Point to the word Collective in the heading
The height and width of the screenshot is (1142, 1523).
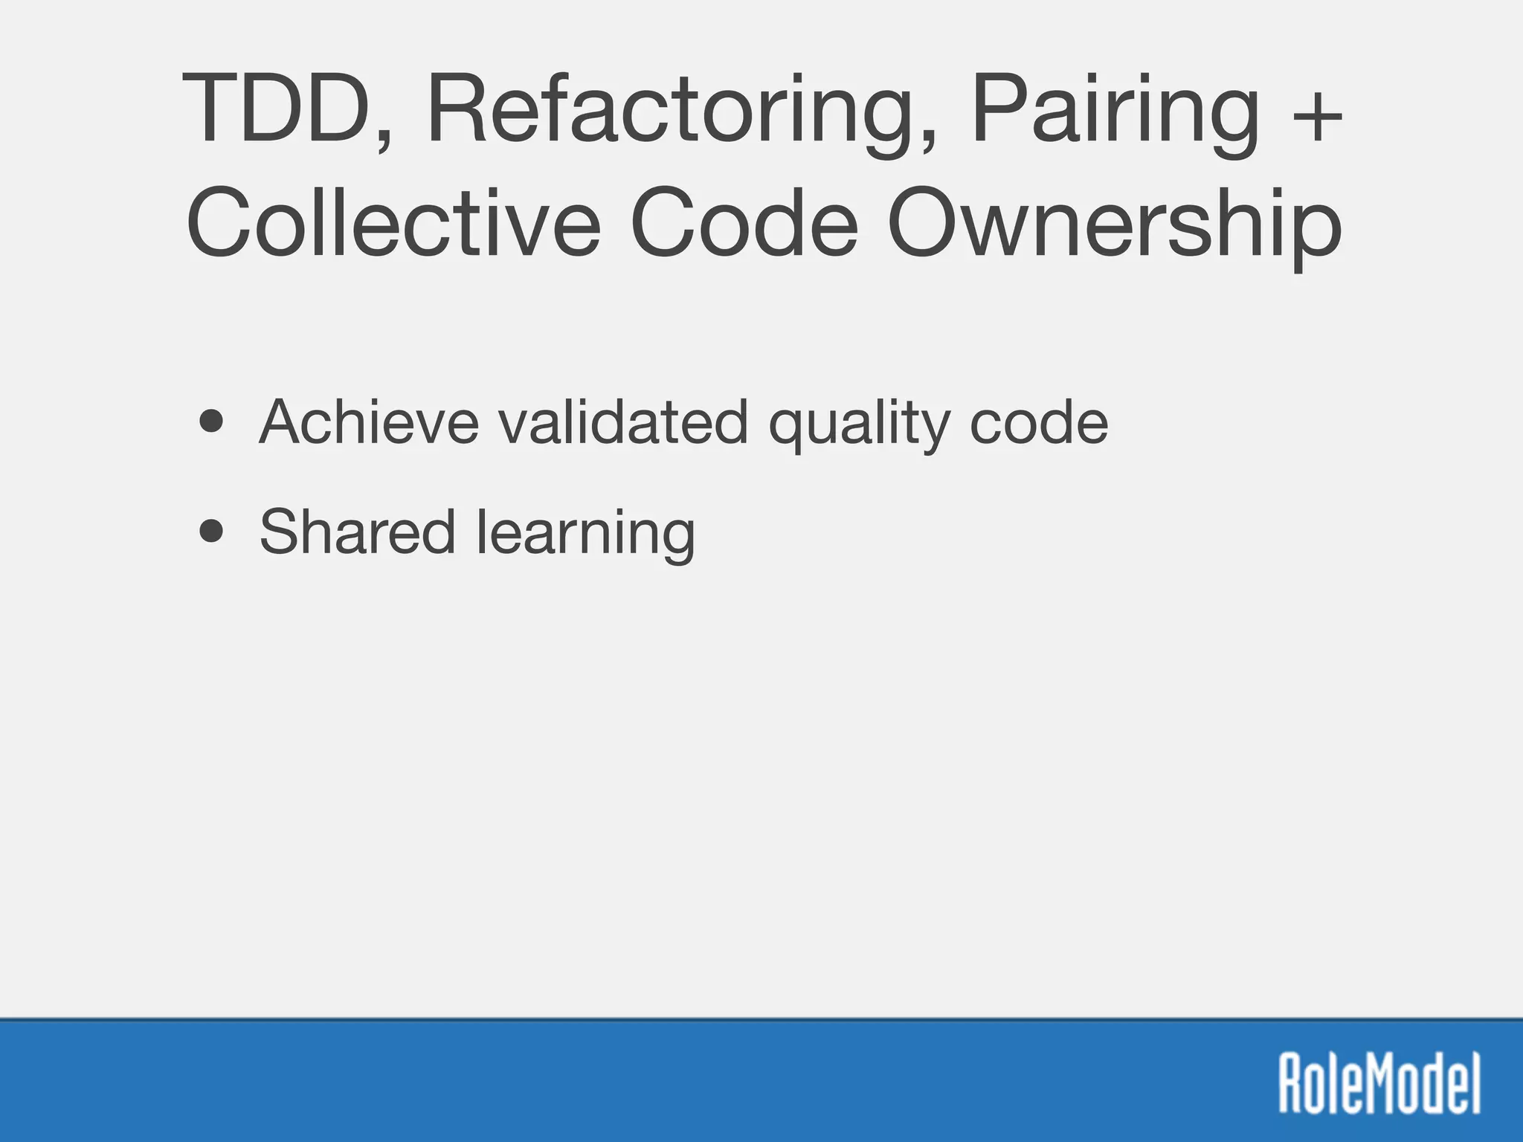click(x=393, y=223)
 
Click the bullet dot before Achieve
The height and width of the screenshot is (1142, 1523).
click(x=212, y=422)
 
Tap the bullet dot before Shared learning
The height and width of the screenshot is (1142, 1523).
click(x=212, y=531)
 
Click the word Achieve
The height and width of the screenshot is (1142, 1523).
click(x=369, y=422)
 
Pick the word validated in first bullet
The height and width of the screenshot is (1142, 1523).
click(x=623, y=422)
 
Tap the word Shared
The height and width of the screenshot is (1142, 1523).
click(x=357, y=531)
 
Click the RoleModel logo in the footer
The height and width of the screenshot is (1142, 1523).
click(x=1379, y=1082)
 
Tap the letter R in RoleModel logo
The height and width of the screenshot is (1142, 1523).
click(x=1292, y=1082)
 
